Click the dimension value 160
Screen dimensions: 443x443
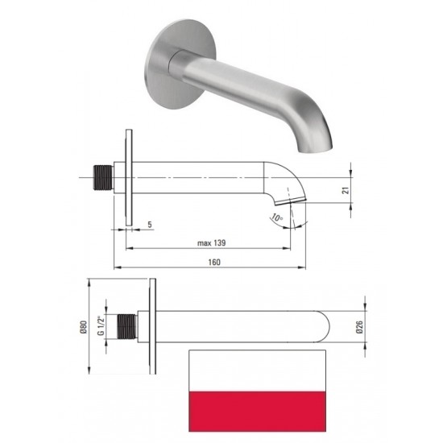click(x=213, y=263)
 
